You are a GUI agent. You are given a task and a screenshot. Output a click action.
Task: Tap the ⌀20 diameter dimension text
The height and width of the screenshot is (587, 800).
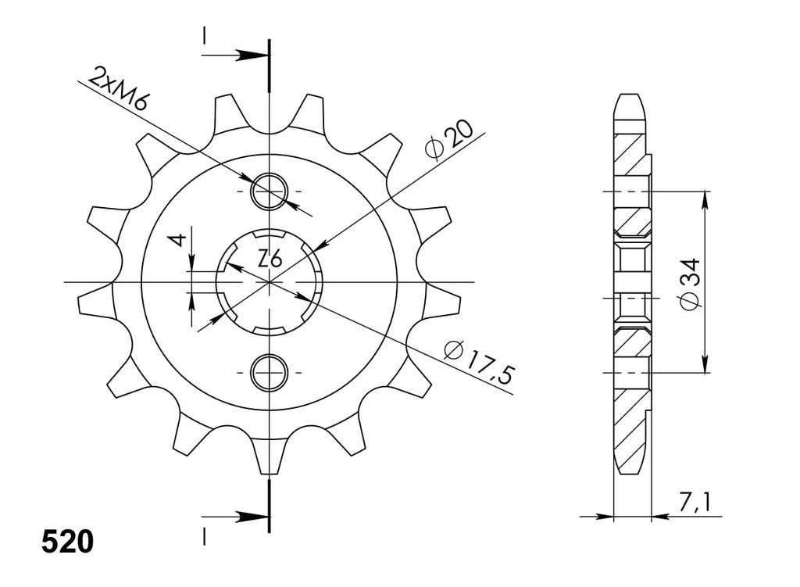(448, 139)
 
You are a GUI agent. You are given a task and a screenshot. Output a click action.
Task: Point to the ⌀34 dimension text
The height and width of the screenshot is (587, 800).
(689, 284)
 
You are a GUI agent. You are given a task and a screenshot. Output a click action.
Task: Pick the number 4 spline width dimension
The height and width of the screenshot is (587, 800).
(177, 238)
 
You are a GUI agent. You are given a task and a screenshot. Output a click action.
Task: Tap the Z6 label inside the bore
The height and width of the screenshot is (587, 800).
(270, 260)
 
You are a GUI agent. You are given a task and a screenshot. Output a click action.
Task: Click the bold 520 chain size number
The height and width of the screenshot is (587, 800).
(67, 542)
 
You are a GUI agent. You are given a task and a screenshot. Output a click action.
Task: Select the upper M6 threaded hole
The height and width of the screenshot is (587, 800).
(269, 191)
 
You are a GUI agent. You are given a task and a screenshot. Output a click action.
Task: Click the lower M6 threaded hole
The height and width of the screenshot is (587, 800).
(269, 372)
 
